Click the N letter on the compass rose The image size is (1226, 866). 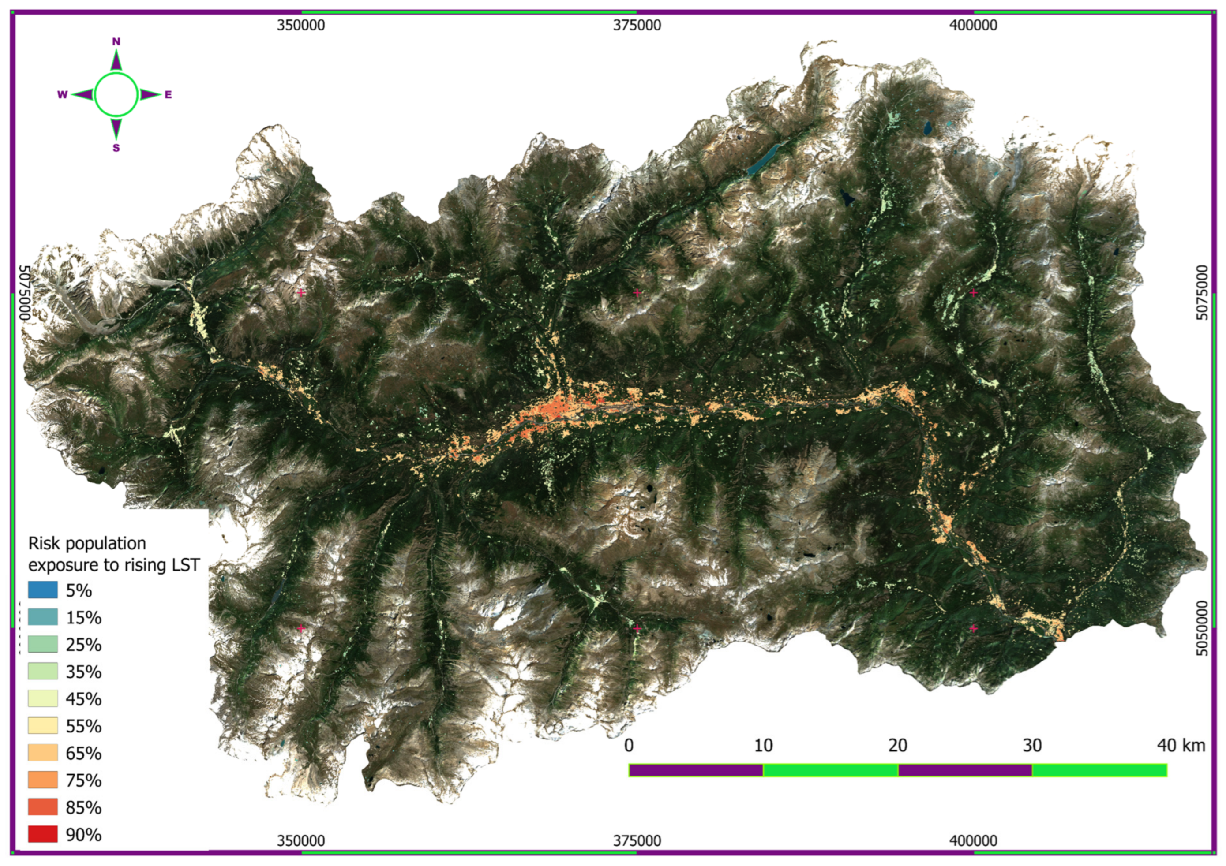click(x=116, y=41)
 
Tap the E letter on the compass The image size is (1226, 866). click(x=168, y=95)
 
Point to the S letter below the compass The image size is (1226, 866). click(x=116, y=148)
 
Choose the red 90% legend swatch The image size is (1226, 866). click(x=43, y=834)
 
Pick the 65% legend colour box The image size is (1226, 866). click(x=43, y=753)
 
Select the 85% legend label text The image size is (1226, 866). click(x=84, y=807)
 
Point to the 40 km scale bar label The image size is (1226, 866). click(x=1181, y=746)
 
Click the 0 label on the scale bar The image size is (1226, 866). click(x=629, y=746)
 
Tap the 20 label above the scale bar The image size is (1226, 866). click(x=898, y=746)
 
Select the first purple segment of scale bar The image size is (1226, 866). click(x=696, y=770)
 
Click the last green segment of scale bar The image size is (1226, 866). click(x=1099, y=770)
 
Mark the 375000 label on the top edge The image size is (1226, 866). click(x=637, y=25)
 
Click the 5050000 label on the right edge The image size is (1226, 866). click(x=1201, y=629)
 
